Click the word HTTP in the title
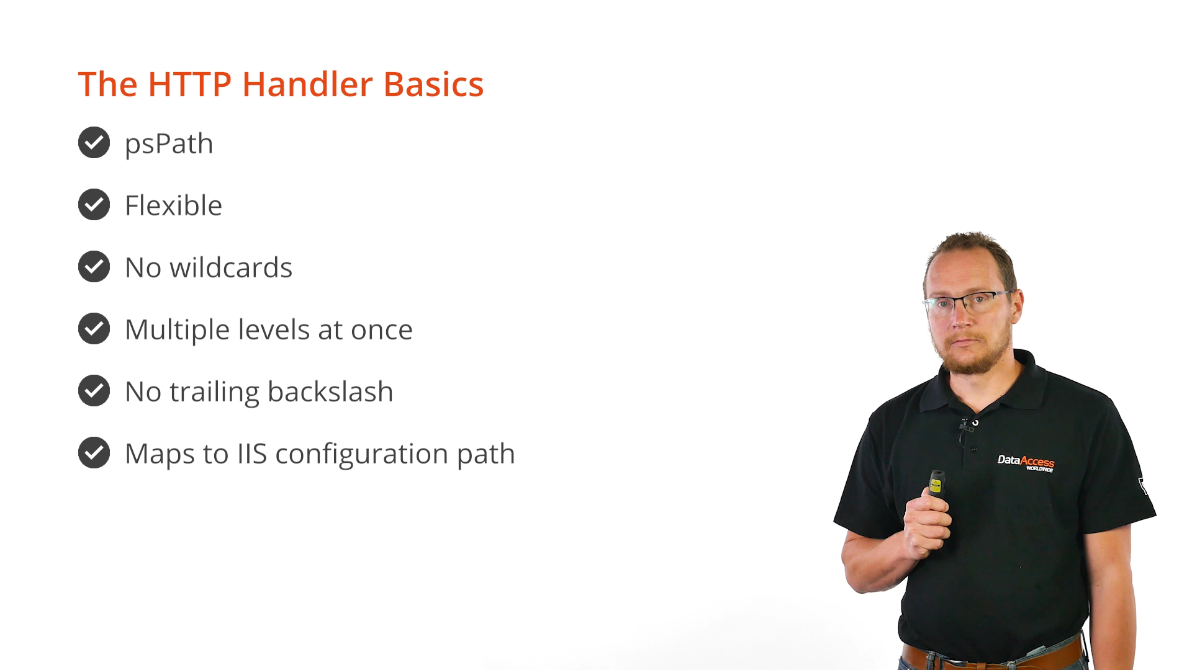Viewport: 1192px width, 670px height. (x=189, y=84)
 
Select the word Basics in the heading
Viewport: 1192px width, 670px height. (x=433, y=84)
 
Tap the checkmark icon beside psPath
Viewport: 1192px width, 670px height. (x=94, y=143)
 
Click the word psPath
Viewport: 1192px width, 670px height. (x=169, y=144)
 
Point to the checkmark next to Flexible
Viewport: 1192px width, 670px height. (x=94, y=205)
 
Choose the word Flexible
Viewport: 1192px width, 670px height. (x=173, y=205)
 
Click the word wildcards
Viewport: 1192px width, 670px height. (x=231, y=267)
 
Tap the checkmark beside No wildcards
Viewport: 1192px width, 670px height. (x=94, y=267)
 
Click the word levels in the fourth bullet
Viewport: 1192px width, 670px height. (x=274, y=329)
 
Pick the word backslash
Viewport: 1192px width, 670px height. (x=330, y=391)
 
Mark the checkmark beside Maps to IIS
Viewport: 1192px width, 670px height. (x=94, y=453)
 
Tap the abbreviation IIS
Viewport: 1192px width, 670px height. (x=252, y=453)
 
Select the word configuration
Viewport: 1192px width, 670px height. (x=362, y=454)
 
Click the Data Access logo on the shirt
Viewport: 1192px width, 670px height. (x=1026, y=463)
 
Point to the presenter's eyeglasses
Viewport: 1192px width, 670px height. (x=968, y=302)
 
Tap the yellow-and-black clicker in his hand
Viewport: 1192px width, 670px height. (x=936, y=483)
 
